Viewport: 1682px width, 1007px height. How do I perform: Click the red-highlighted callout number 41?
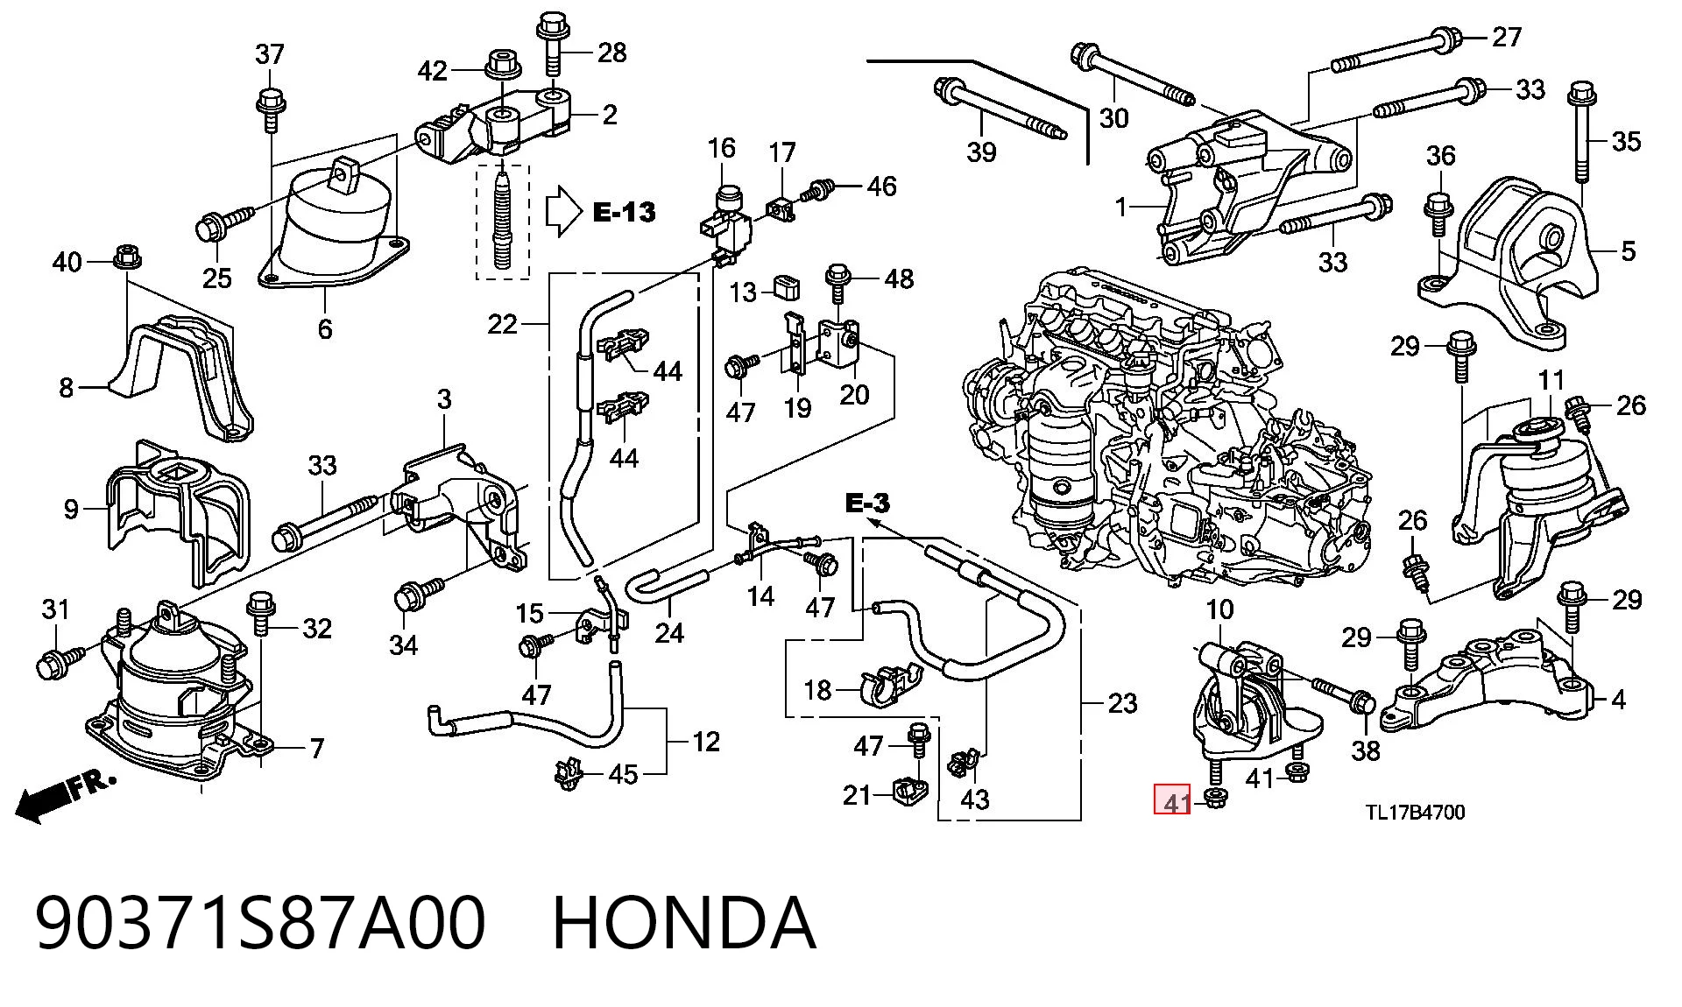(1172, 800)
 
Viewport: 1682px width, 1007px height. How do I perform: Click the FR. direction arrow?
(65, 794)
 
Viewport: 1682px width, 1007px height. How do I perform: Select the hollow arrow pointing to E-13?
(563, 211)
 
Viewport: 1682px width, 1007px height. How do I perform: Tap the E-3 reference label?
(867, 503)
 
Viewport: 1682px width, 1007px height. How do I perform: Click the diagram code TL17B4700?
(1416, 812)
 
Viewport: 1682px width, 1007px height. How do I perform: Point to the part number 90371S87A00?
(260, 923)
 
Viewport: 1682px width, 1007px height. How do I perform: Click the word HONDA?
(684, 923)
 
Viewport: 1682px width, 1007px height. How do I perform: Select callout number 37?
(270, 54)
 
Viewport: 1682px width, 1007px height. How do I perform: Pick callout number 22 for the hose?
(502, 325)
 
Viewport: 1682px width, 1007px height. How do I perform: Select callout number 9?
(71, 509)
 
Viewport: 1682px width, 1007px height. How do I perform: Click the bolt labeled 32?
(261, 613)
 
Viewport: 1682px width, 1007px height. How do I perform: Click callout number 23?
(1122, 703)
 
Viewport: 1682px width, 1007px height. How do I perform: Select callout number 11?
(1551, 380)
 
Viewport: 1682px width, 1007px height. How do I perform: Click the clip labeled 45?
(569, 773)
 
